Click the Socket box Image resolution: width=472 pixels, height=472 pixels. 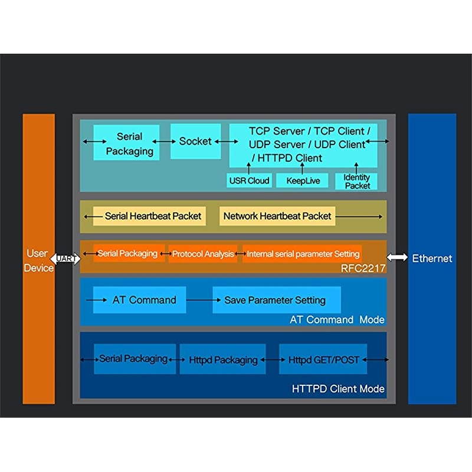(x=195, y=141)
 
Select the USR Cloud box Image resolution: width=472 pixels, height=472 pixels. (x=248, y=181)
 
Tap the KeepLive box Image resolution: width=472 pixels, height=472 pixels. (x=302, y=181)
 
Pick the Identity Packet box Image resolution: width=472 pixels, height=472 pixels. (x=356, y=181)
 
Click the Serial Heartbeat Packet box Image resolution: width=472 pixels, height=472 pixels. (x=153, y=216)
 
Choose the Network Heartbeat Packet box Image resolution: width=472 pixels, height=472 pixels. (x=277, y=216)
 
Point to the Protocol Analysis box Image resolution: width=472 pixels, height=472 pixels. (x=202, y=254)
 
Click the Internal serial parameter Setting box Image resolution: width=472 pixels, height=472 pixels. (x=303, y=254)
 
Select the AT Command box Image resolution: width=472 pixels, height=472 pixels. (x=143, y=300)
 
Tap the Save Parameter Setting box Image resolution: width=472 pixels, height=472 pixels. (x=275, y=300)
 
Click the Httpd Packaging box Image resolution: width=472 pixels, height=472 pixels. (x=223, y=359)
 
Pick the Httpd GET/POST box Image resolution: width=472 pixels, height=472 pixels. (x=323, y=359)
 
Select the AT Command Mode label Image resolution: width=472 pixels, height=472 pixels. (x=337, y=320)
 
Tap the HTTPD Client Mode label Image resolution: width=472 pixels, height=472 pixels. (x=338, y=389)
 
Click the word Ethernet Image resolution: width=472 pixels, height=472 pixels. (x=432, y=258)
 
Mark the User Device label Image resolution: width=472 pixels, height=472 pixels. (x=38, y=260)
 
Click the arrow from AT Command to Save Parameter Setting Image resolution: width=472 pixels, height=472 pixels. (x=199, y=300)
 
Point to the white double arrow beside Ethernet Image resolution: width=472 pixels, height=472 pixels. (x=397, y=258)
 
